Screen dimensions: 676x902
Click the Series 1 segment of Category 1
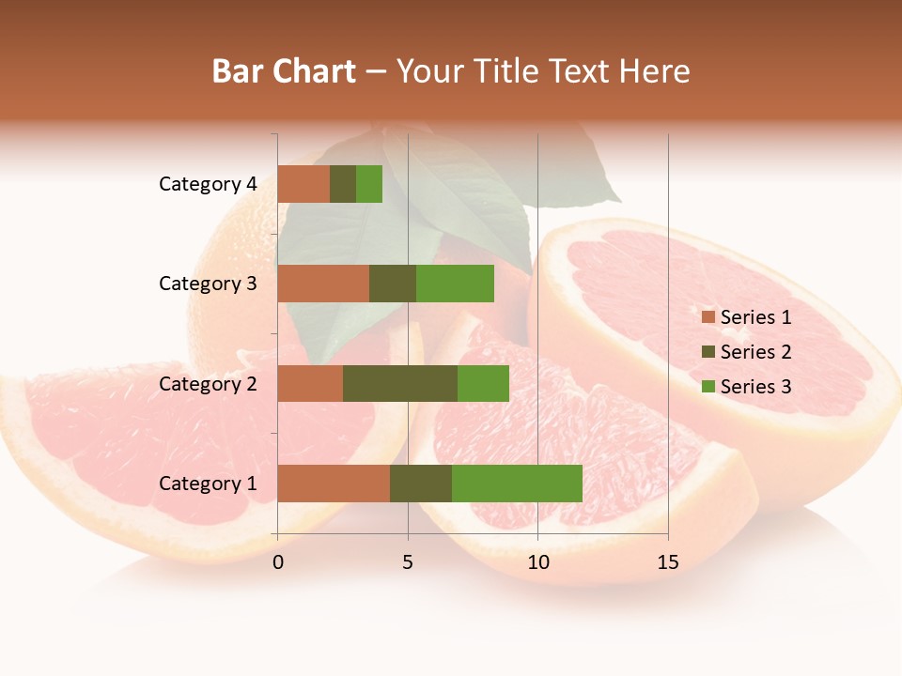pos(334,484)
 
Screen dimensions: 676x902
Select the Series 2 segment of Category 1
pos(421,484)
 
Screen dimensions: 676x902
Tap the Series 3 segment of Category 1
pos(517,484)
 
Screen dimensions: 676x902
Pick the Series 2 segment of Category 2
pos(400,383)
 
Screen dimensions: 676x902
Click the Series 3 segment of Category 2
pos(483,383)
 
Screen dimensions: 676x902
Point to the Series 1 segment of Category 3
pos(323,284)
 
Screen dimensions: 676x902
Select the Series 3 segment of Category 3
pos(455,284)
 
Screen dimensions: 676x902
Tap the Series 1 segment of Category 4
pos(303,184)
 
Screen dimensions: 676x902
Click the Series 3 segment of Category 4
pos(369,184)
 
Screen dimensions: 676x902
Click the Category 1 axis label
pos(208,484)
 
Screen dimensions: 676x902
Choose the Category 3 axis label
pos(208,284)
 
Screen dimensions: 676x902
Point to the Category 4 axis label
pos(208,184)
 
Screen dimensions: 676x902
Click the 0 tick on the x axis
pos(278,562)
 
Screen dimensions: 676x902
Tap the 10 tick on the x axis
pos(537,562)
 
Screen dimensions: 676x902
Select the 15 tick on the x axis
pos(668,562)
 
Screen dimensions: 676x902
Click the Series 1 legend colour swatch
pos(708,317)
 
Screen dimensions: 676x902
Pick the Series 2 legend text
pos(756,352)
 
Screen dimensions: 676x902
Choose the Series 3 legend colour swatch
pos(708,387)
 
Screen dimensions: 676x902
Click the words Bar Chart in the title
pos(284,71)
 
